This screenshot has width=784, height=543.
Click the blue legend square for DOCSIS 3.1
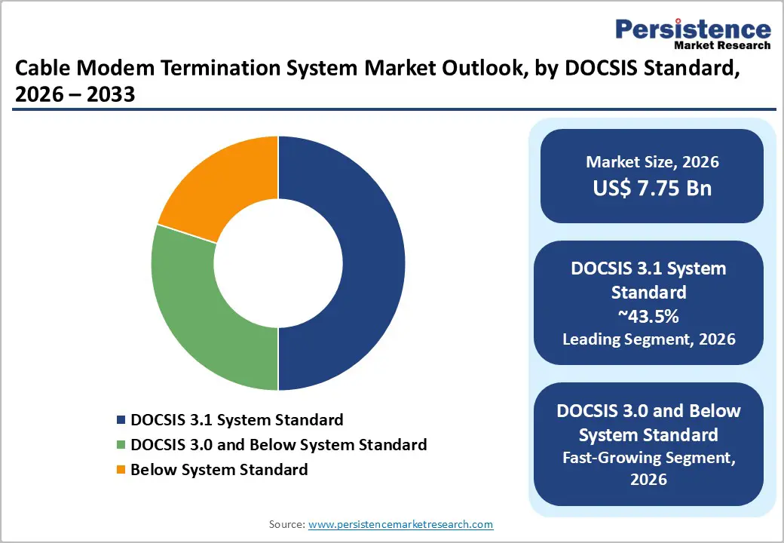[121, 420]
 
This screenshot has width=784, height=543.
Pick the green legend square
[121, 445]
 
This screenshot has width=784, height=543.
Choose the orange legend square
[121, 470]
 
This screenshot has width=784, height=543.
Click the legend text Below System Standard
[219, 470]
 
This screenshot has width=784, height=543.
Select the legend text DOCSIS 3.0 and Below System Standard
[278, 445]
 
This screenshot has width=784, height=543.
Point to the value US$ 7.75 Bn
[652, 188]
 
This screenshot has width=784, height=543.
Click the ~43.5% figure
[648, 315]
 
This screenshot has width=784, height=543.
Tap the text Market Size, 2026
[652, 162]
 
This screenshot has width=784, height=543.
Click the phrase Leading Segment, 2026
[648, 339]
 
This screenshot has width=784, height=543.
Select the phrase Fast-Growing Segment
[648, 457]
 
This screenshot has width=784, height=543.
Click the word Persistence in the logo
[693, 29]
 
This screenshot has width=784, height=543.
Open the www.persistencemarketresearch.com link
[400, 524]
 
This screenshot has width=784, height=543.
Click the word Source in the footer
[286, 524]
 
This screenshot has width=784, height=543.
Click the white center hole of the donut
[278, 263]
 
